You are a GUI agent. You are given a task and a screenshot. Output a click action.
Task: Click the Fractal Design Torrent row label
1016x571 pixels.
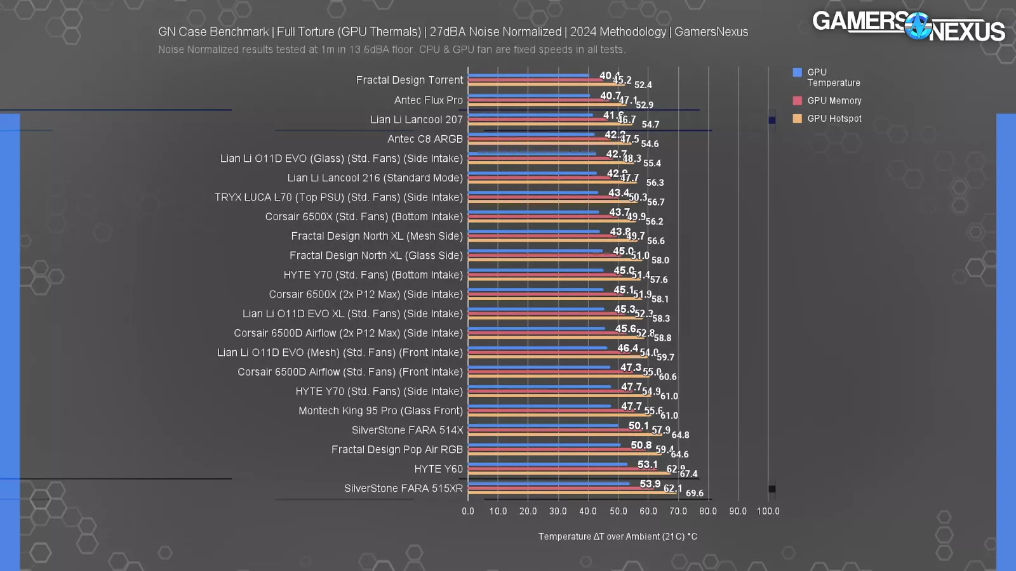(409, 80)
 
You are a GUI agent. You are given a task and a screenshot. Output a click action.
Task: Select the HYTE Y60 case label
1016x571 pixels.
(438, 469)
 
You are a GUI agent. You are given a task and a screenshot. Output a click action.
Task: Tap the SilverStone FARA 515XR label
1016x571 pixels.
(403, 489)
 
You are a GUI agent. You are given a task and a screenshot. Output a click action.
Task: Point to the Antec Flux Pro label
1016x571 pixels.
(428, 100)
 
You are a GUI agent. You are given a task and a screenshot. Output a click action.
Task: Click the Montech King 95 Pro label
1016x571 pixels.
(380, 410)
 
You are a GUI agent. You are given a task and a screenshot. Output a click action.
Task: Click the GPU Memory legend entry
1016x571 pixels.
(834, 101)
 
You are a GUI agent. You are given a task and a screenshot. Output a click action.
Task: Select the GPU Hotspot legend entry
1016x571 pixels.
(834, 119)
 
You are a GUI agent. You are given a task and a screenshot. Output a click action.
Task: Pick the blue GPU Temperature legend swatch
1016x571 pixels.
(797, 72)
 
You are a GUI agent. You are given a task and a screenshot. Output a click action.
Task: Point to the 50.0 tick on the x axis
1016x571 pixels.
(618, 511)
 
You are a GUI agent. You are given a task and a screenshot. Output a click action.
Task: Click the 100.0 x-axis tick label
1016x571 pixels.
(768, 511)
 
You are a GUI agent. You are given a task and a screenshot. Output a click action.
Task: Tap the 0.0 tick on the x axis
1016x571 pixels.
(468, 511)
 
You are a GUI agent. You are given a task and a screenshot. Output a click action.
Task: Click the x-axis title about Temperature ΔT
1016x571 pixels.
(617, 537)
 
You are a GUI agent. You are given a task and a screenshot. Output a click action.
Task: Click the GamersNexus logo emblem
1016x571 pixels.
(918, 27)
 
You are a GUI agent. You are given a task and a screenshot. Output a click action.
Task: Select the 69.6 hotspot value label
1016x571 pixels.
(694, 494)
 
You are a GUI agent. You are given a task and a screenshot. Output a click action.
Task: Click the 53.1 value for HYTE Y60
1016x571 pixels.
(647, 464)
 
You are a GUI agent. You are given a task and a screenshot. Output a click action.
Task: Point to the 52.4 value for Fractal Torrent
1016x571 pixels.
(643, 85)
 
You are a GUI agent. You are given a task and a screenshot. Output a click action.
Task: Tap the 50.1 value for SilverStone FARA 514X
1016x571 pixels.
(638, 426)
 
